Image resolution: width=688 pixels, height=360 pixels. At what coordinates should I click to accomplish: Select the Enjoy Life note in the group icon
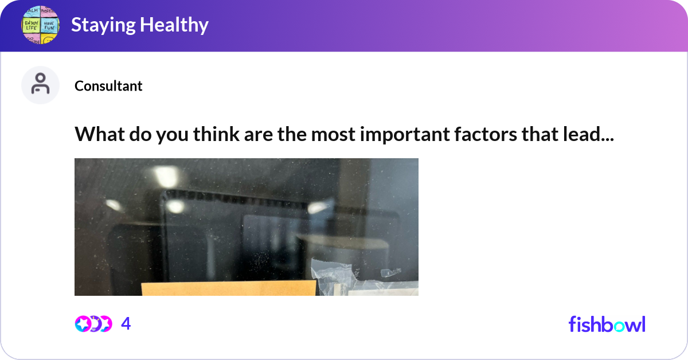point(31,25)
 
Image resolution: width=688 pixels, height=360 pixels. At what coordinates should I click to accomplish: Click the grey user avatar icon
point(40,85)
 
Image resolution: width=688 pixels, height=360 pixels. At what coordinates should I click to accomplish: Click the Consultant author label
point(108,86)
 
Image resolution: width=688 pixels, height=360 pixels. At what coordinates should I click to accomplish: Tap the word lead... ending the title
point(592,134)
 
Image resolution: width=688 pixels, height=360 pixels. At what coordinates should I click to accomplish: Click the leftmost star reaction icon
point(83,324)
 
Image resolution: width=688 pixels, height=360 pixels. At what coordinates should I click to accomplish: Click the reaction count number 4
point(126,324)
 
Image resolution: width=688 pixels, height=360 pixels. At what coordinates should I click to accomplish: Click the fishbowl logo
point(607,324)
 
